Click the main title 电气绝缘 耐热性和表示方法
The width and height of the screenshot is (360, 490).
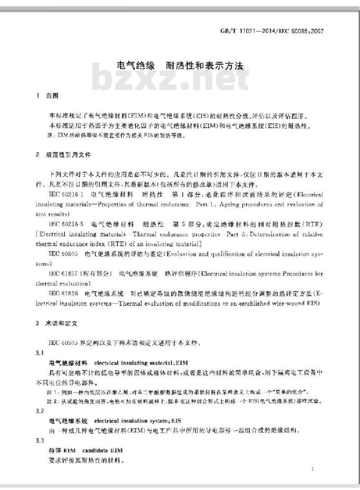(180, 66)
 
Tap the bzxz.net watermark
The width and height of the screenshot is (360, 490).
(171, 81)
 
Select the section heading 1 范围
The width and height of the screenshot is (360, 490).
(48, 96)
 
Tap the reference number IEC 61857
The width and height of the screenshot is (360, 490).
(64, 273)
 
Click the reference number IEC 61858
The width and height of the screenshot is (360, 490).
(64, 293)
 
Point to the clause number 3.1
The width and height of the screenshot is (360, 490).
(40, 352)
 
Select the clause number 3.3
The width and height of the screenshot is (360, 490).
(40, 440)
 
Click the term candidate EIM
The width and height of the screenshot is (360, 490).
(102, 450)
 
